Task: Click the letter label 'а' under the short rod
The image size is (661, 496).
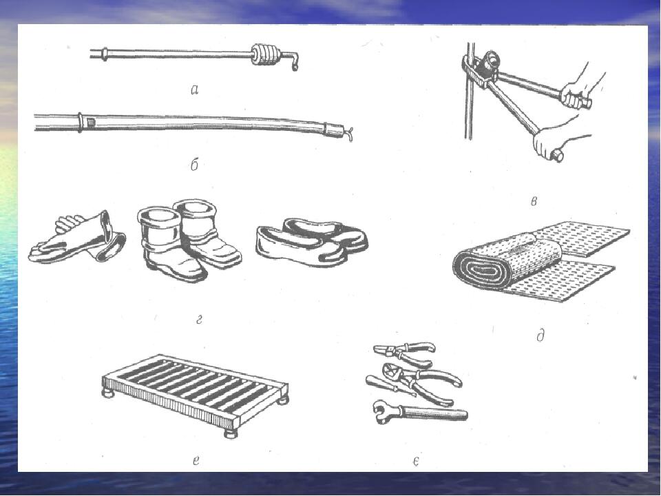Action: coord(194,90)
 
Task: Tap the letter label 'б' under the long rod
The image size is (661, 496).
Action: coord(194,165)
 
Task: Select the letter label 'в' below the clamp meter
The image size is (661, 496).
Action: coord(534,202)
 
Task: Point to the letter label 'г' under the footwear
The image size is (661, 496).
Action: coord(200,320)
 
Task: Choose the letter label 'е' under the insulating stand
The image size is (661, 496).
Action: coord(196,461)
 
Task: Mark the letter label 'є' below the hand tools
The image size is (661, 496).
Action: coord(416,462)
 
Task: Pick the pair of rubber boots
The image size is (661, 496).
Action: coord(189,239)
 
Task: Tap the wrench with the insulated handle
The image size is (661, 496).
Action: coord(421,411)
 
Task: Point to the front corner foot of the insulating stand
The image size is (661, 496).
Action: coord(230,434)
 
